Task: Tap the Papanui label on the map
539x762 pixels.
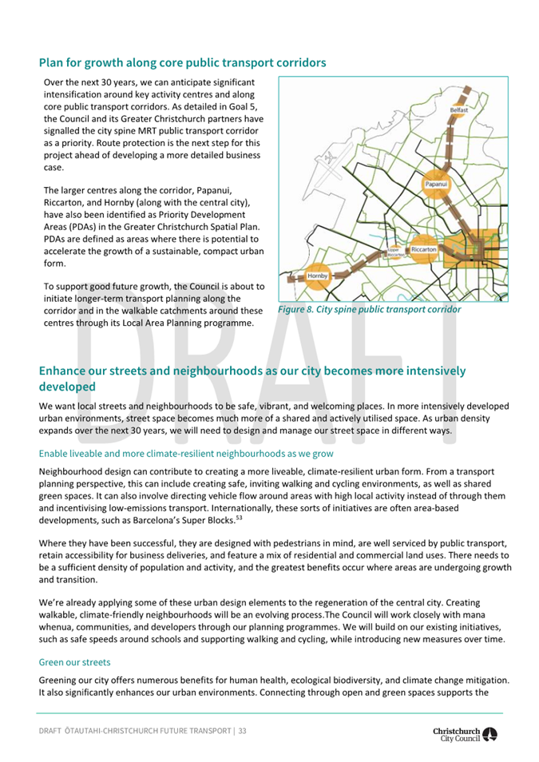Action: (x=436, y=184)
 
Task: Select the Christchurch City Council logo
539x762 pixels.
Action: (x=464, y=734)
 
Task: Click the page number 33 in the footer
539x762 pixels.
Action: (x=242, y=731)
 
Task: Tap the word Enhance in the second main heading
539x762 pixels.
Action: (x=71, y=371)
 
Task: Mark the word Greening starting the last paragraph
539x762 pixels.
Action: (x=61, y=680)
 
